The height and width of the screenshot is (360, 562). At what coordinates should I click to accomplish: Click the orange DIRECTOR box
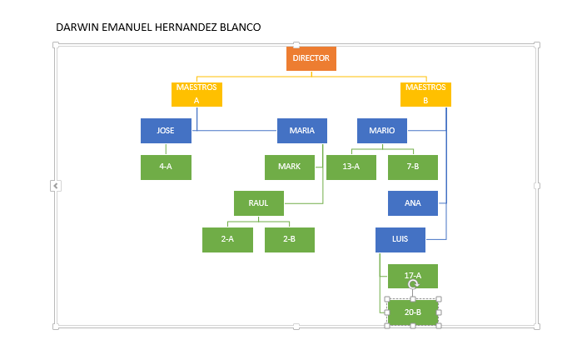[x=311, y=58]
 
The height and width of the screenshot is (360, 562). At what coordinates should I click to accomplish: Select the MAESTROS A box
[x=196, y=94]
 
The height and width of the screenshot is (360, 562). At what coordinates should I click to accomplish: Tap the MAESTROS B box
[x=425, y=94]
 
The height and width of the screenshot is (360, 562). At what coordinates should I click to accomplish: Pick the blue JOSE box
[x=166, y=131]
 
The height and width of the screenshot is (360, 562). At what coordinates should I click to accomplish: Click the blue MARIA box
[x=302, y=131]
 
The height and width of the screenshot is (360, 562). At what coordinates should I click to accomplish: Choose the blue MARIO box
[x=382, y=131]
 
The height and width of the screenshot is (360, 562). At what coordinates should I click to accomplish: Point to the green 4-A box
[x=166, y=167]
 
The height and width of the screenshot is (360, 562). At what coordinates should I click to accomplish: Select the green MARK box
[x=290, y=167]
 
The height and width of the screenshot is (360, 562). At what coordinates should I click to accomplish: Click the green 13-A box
[x=351, y=167]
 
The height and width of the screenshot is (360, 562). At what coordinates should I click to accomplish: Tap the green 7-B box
[x=413, y=167]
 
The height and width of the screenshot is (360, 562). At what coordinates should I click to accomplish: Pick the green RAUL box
[x=259, y=203]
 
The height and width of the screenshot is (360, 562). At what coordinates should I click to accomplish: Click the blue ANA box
[x=413, y=203]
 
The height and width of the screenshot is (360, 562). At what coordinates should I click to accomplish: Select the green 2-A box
[x=227, y=240]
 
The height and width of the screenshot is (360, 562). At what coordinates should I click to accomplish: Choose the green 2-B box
[x=290, y=240]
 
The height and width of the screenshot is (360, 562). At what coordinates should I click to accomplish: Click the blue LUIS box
[x=400, y=240]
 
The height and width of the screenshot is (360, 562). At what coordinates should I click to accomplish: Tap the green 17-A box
[x=413, y=276]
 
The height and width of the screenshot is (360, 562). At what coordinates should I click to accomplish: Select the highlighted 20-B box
[x=413, y=312]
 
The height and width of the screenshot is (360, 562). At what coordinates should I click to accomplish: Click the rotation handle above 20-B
[x=413, y=285]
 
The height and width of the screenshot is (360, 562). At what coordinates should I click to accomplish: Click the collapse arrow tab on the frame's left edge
[x=56, y=186]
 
